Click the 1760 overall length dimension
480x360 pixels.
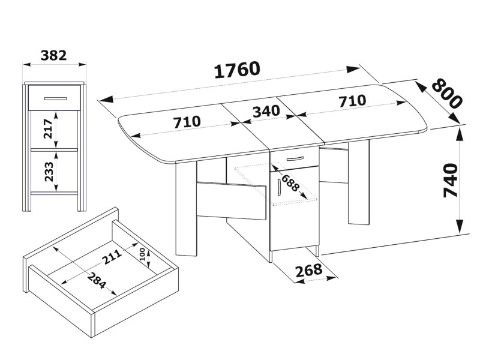tap(237, 70)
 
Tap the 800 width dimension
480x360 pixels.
tap(447, 93)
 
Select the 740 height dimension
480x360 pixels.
tap(451, 181)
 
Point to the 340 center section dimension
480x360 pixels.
tap(266, 112)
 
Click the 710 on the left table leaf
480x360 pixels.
tap(187, 122)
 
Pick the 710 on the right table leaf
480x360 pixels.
tap(352, 101)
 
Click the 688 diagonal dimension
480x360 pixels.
tap(289, 183)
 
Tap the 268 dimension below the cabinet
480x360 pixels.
tap(308, 270)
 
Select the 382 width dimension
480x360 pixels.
tap(53, 55)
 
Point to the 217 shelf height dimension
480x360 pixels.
tap(49, 128)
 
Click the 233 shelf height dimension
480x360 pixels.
tap(49, 172)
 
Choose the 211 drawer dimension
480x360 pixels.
tap(112, 257)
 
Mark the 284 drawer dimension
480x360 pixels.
tap(97, 281)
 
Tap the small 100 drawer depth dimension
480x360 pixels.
tap(142, 254)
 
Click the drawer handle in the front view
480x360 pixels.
tap(55, 98)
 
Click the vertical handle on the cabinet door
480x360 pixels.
tap(279, 187)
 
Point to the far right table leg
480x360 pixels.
tap(358, 184)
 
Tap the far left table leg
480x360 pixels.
tap(186, 208)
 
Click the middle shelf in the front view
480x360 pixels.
tap(54, 150)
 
